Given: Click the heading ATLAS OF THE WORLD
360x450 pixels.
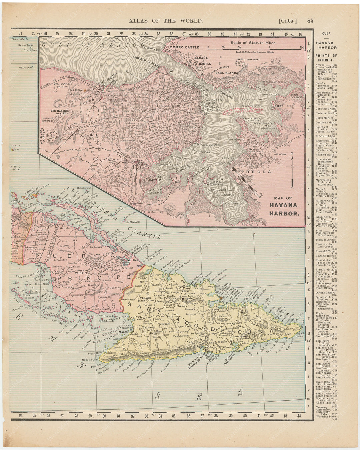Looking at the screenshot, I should pyautogui.click(x=165, y=21).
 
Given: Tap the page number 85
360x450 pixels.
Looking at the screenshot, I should pyautogui.click(x=310, y=21).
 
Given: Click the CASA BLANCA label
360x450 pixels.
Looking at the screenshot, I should pyautogui.click(x=226, y=73).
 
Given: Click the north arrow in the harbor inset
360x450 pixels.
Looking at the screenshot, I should pyautogui.click(x=292, y=170).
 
